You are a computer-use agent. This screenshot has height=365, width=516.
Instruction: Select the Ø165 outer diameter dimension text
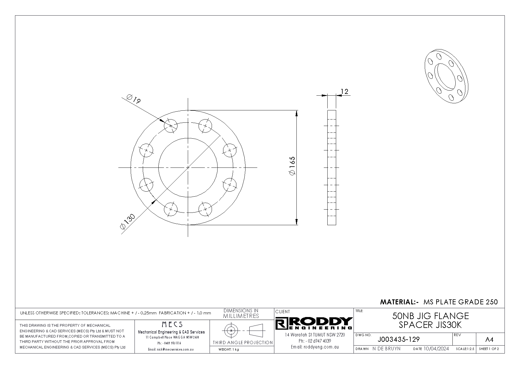point(292,167)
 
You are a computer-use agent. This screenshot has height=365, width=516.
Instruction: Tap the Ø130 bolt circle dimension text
point(127,221)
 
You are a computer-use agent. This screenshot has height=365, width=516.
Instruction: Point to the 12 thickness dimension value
point(344,92)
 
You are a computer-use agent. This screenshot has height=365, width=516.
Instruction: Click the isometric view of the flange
point(446,77)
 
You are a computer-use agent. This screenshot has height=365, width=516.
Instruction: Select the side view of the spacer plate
point(332,167)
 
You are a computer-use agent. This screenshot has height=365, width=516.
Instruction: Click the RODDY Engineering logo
point(314,323)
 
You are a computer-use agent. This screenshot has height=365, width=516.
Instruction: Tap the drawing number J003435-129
point(399,339)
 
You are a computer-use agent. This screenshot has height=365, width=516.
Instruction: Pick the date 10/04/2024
point(436,349)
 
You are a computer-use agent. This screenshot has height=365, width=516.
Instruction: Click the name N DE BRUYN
point(386,349)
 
